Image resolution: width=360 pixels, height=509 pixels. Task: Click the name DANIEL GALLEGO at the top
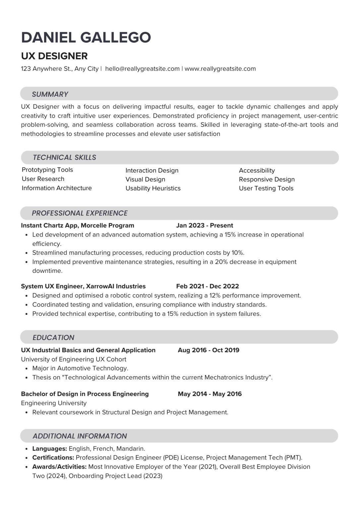tap(86, 37)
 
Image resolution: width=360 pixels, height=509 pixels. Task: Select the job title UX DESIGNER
tap(54, 56)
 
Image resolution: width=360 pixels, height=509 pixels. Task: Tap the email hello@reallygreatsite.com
tap(142, 69)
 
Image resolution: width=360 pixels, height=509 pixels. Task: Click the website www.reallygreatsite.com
tap(220, 69)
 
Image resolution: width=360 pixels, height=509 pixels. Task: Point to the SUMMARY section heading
tap(50, 94)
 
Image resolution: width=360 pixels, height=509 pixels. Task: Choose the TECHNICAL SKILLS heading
tap(64, 157)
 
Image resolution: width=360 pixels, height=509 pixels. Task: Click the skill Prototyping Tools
tap(47, 170)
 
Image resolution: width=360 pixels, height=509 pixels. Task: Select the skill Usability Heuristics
tap(153, 188)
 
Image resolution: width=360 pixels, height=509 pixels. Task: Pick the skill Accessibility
tap(257, 170)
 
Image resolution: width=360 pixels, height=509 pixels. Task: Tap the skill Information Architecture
tap(57, 188)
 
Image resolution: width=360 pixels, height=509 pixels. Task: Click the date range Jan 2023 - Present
tap(205, 225)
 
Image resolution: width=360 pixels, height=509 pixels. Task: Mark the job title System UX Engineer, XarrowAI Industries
tap(83, 286)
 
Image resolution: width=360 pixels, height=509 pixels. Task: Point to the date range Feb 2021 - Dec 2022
tap(208, 286)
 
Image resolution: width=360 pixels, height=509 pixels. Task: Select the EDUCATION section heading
tap(53, 337)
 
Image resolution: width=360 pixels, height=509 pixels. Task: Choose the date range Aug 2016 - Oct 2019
tap(209, 350)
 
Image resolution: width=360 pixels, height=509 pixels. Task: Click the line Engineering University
tap(54, 403)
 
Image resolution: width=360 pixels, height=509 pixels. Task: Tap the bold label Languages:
tap(50, 449)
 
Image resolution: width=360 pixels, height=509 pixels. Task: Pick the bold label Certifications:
tap(53, 458)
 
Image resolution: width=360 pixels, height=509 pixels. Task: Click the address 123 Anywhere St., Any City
tap(60, 69)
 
